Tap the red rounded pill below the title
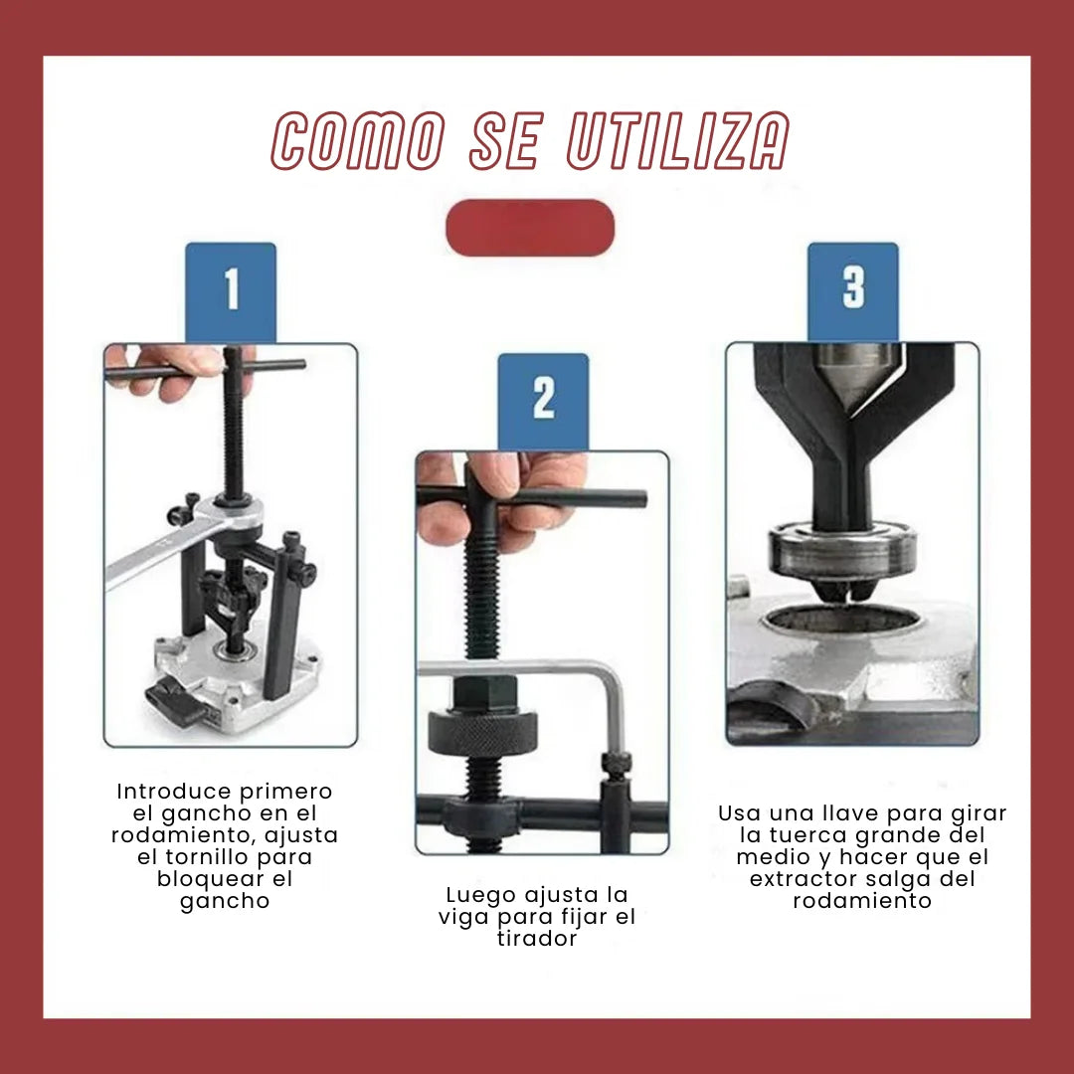tap(530, 228)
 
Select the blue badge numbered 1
tap(231, 292)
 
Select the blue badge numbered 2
tap(543, 402)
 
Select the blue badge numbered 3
tap(853, 291)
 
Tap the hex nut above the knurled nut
tap(485, 694)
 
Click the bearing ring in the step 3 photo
tap(842, 552)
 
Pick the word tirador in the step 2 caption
tap(538, 939)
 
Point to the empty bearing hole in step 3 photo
tap(841, 619)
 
